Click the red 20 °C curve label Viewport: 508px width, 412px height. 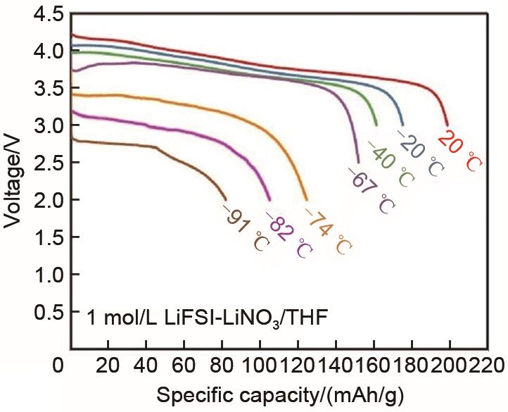464,151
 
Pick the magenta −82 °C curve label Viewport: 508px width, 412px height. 288,235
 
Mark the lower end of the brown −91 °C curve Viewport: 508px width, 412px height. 226,199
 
